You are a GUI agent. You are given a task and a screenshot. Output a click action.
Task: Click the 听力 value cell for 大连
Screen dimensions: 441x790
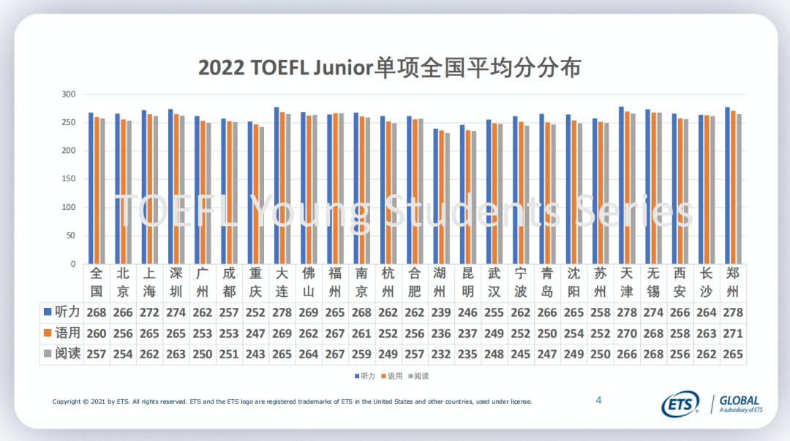pyautogui.click(x=282, y=313)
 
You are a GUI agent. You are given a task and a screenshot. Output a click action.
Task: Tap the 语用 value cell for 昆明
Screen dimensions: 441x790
pyautogui.click(x=467, y=333)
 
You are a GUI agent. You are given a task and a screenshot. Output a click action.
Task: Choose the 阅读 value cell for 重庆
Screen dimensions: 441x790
pyautogui.click(x=255, y=355)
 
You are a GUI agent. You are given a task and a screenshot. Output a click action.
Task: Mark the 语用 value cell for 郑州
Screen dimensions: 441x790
pyautogui.click(x=733, y=333)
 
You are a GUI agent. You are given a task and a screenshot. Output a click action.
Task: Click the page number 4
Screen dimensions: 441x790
pyautogui.click(x=598, y=400)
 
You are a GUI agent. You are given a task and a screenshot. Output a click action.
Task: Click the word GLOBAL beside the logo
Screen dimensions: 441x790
pyautogui.click(x=740, y=401)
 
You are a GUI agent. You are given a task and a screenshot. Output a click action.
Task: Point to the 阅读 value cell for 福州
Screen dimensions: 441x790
pyautogui.click(x=335, y=355)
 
